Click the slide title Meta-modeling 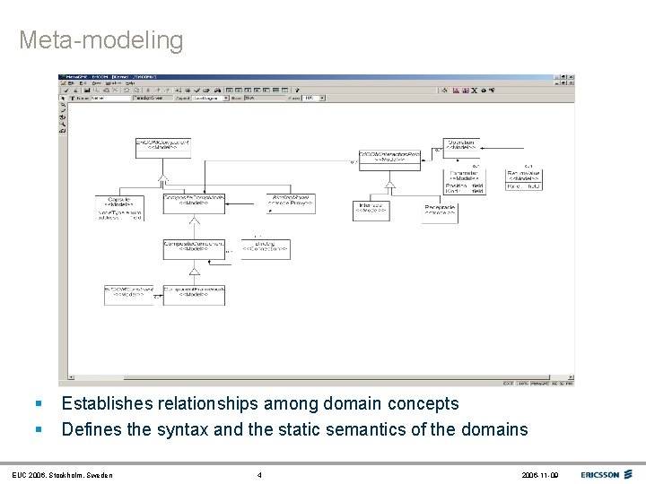[x=100, y=40]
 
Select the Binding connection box [x=266, y=247]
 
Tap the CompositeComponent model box [x=194, y=247]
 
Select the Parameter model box [x=465, y=181]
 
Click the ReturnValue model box [x=523, y=180]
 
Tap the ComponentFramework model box [x=194, y=295]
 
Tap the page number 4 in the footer [x=259, y=475]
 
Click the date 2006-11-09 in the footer [x=539, y=475]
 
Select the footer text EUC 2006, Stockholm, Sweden [x=62, y=475]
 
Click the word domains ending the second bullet [x=494, y=430]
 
